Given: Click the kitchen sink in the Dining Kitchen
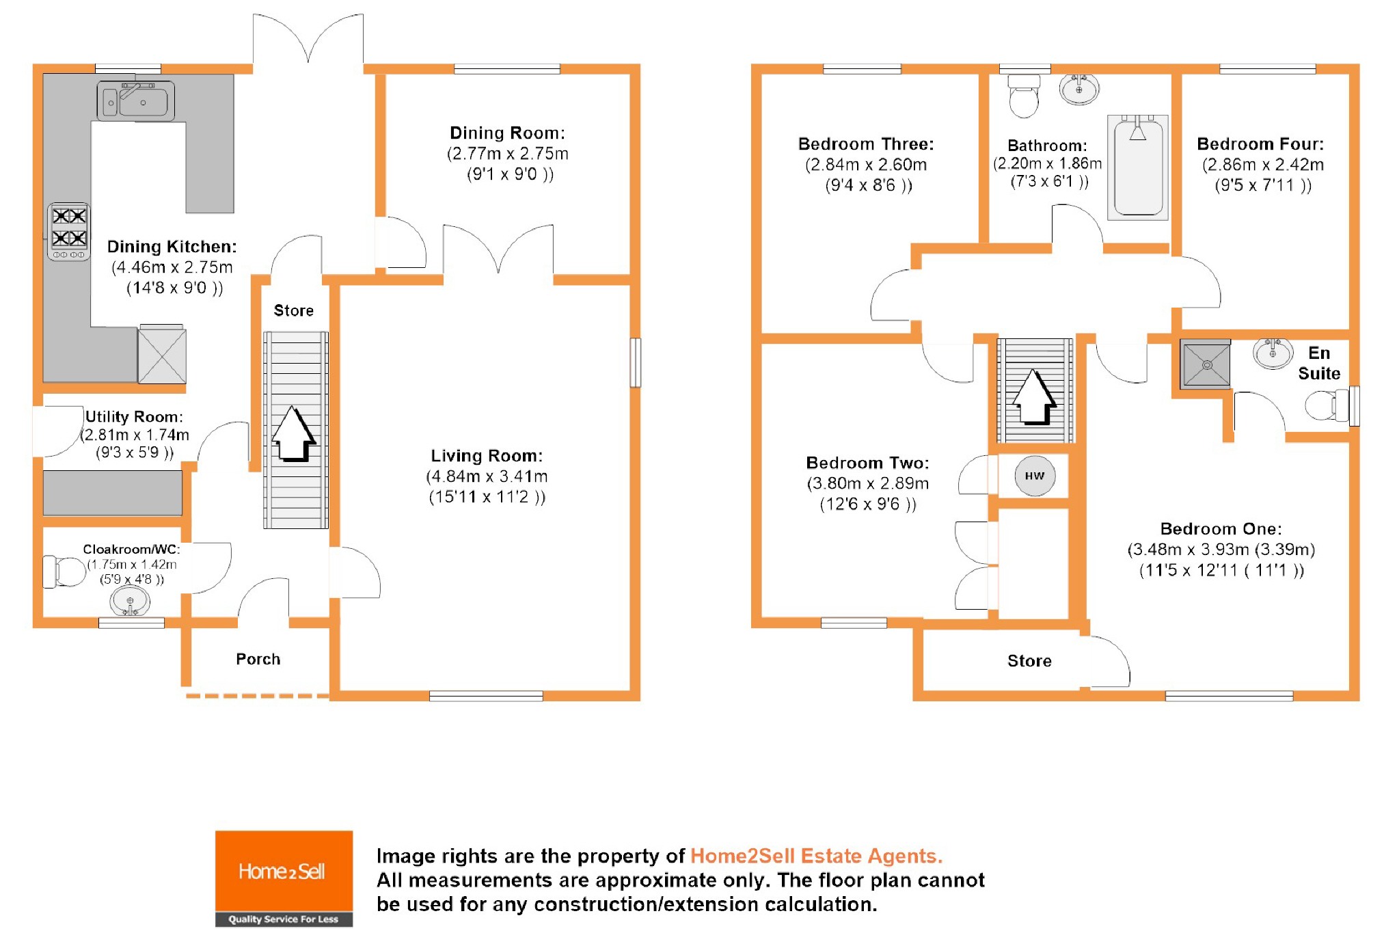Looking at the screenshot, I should point(136,101).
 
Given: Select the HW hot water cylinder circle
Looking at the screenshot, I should point(1034,476).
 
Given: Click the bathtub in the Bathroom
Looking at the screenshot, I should point(1138,167).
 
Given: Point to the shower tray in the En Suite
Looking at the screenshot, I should point(1206,364).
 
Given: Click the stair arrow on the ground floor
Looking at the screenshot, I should point(294,433).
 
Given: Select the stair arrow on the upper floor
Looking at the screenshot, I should point(1034,396).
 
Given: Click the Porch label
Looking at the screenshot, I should point(258,659).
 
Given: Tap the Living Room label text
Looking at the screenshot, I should point(487,456).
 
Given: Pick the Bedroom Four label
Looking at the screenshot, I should point(1260,144).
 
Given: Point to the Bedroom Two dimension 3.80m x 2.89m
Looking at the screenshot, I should point(867,484).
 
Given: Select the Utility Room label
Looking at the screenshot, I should point(134,417).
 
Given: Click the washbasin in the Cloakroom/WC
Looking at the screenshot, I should point(130,602).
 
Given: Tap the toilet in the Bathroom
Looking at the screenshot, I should point(1024,97).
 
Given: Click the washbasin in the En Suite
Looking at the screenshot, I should point(1273,353).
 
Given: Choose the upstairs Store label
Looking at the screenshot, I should point(1029,661).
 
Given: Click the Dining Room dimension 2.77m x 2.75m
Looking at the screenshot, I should point(508,154).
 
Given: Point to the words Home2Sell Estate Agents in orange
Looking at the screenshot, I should point(816,856).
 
